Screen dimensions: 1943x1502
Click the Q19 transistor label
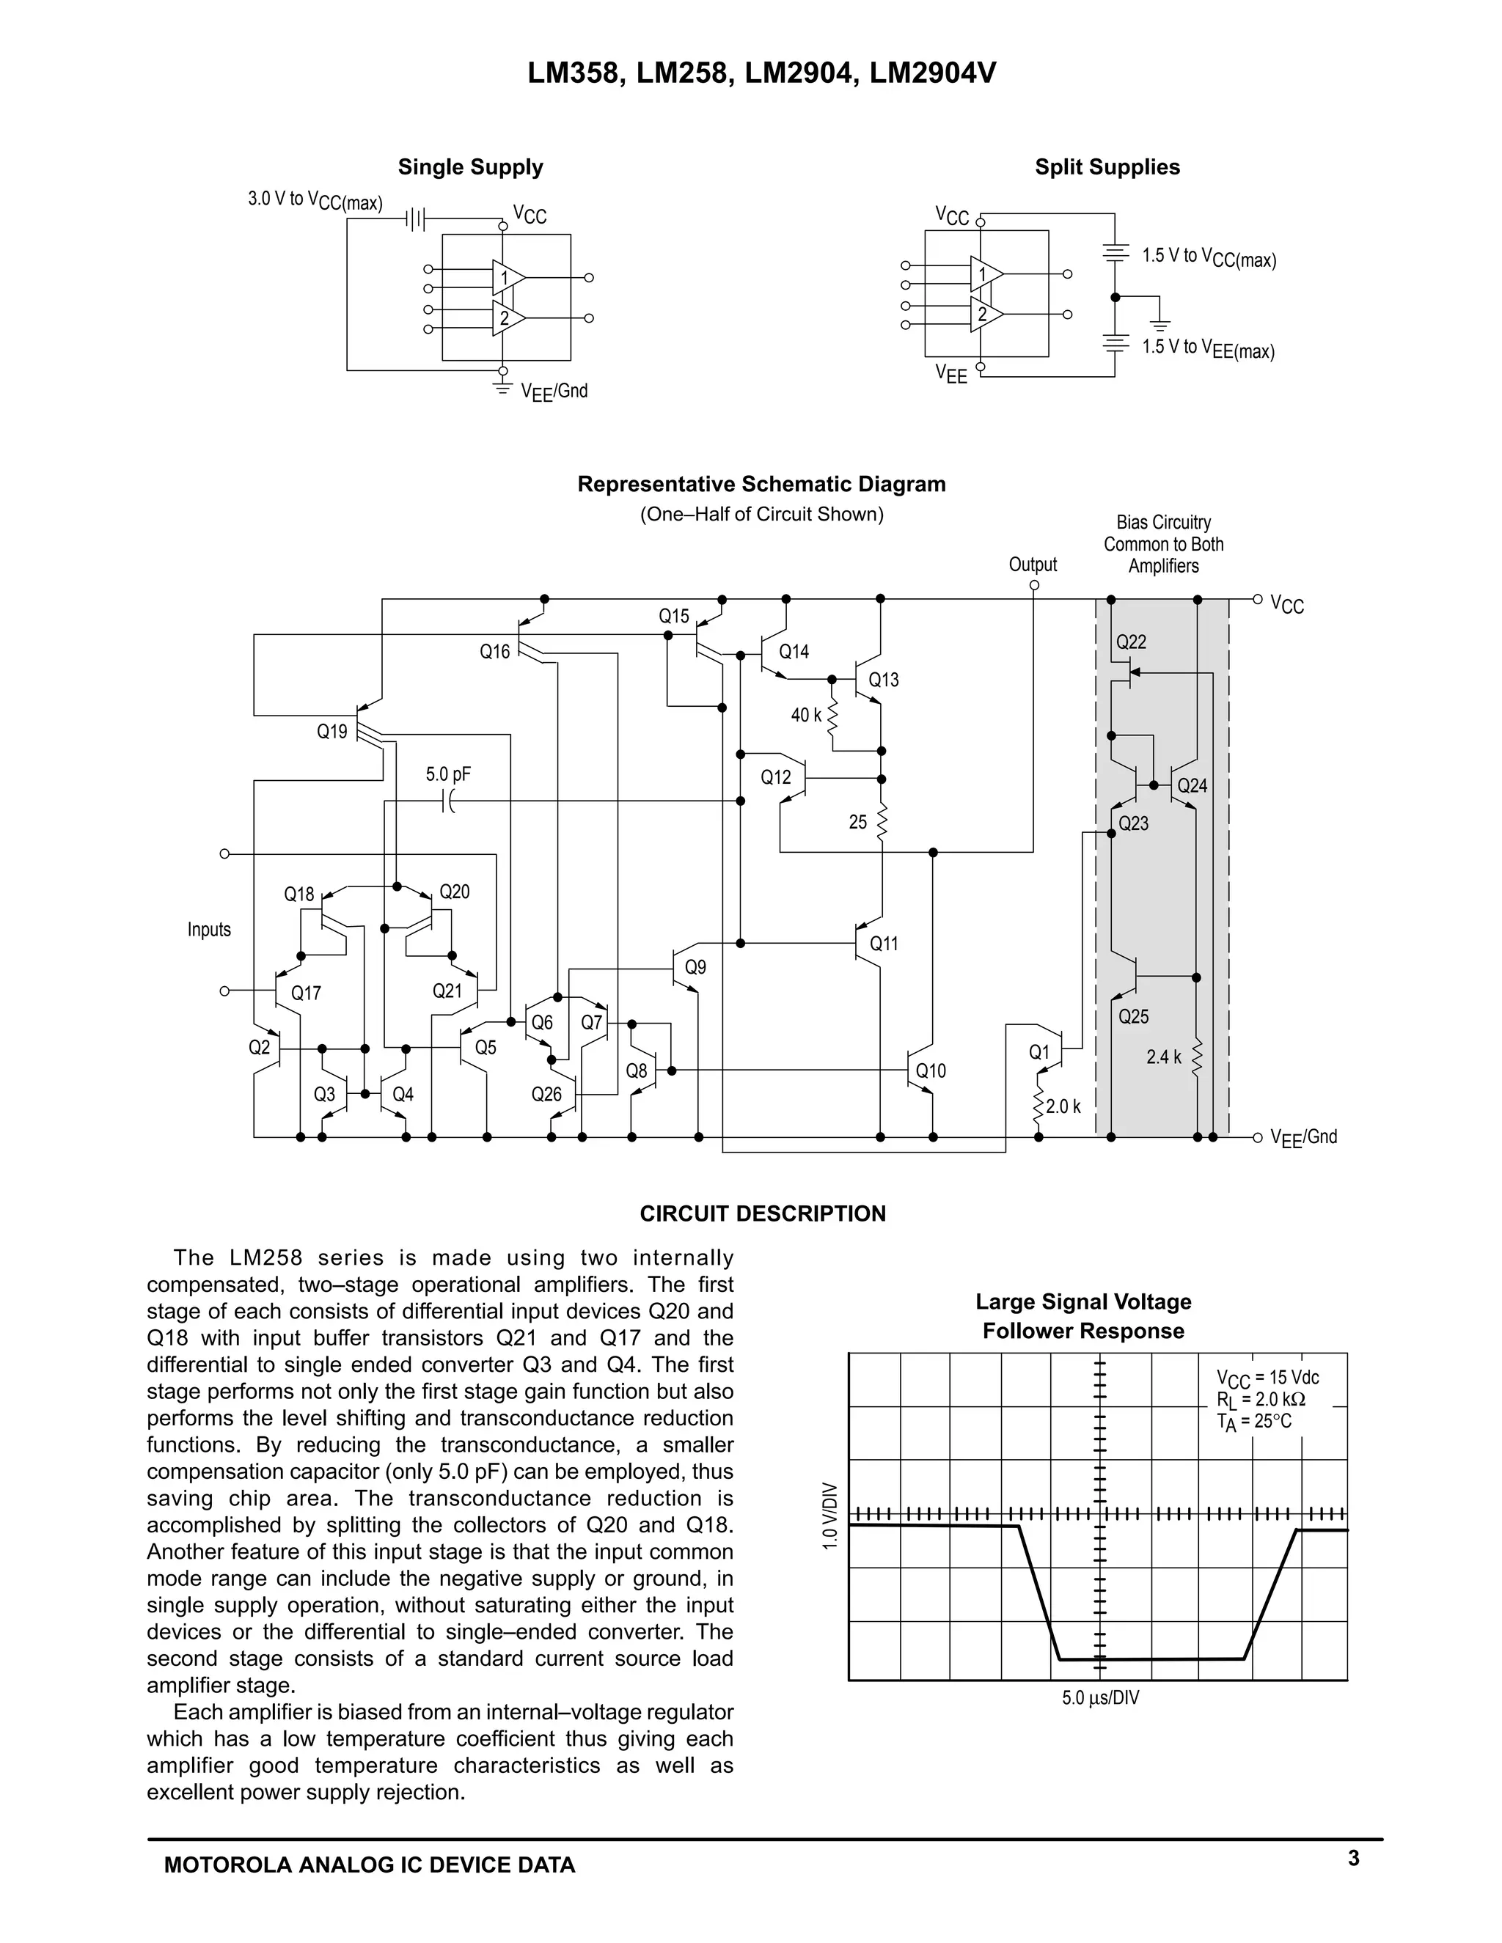(332, 731)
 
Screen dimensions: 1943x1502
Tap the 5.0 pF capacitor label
(448, 774)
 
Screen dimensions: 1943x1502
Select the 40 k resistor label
(806, 714)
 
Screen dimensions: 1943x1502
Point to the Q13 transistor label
(884, 680)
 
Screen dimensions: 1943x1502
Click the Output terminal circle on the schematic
(1034, 585)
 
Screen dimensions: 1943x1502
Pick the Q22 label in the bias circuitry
(1131, 642)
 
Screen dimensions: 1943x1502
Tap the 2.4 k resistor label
(1164, 1057)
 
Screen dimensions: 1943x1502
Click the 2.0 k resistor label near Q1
(1063, 1106)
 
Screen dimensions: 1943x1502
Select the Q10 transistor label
(931, 1071)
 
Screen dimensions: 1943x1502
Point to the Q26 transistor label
(546, 1094)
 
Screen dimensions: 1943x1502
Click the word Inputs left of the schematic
(209, 930)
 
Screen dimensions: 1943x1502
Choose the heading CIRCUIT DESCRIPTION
(763, 1213)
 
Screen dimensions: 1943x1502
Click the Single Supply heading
(470, 167)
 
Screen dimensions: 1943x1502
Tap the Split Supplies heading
(1107, 167)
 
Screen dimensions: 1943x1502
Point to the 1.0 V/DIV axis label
(830, 1515)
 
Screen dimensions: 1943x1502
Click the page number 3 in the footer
(1353, 1858)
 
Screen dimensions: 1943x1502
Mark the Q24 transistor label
(1193, 785)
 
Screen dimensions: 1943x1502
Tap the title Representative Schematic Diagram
(762, 484)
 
